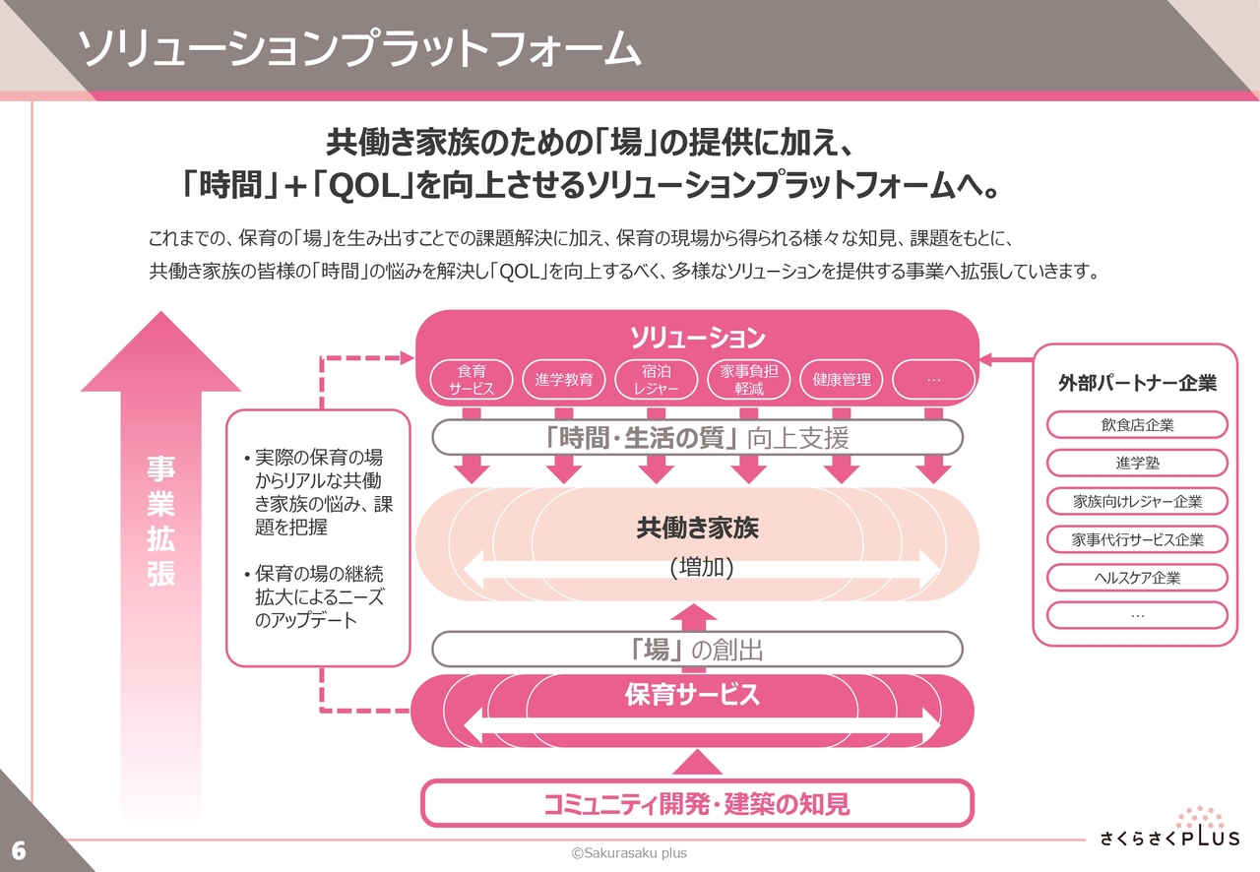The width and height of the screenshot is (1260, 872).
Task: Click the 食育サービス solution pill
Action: (x=473, y=380)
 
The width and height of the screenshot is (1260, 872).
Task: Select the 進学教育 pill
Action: (x=564, y=380)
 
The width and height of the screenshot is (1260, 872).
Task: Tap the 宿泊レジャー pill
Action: (x=654, y=380)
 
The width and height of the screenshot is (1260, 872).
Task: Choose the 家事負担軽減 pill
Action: (x=749, y=380)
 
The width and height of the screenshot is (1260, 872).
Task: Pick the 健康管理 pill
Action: (x=842, y=380)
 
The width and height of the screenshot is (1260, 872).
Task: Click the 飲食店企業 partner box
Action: (x=1137, y=425)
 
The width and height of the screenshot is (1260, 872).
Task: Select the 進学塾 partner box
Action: (x=1137, y=463)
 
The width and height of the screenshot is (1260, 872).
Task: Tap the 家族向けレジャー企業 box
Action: (x=1137, y=501)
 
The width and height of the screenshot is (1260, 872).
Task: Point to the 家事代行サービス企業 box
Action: (x=1137, y=539)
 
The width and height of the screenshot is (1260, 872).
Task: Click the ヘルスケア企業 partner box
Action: (x=1137, y=578)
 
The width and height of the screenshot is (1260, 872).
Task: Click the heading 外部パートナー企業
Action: (x=1137, y=383)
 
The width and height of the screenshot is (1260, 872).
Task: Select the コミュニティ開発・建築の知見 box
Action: (x=697, y=804)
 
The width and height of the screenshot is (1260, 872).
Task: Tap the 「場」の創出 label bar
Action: (x=697, y=650)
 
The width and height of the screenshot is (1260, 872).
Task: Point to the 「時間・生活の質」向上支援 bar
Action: (x=697, y=438)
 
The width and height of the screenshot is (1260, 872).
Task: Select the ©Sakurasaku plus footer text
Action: (x=629, y=853)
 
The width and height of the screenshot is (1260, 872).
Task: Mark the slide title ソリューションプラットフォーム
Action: (x=358, y=49)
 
